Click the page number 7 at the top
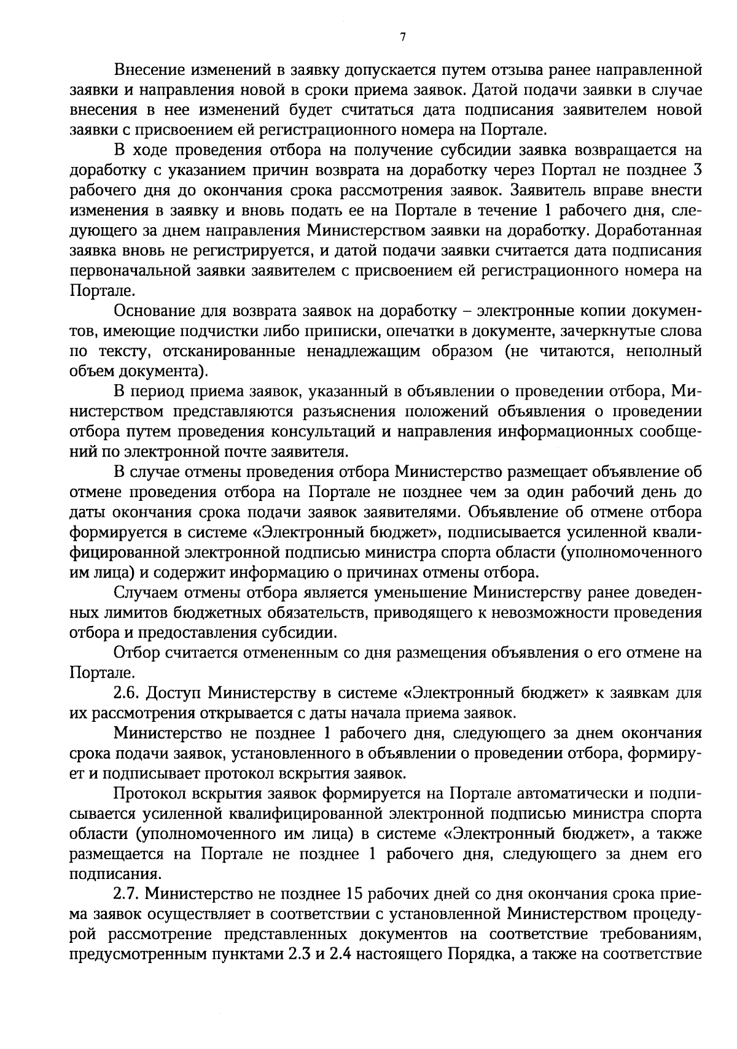click(x=402, y=37)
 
